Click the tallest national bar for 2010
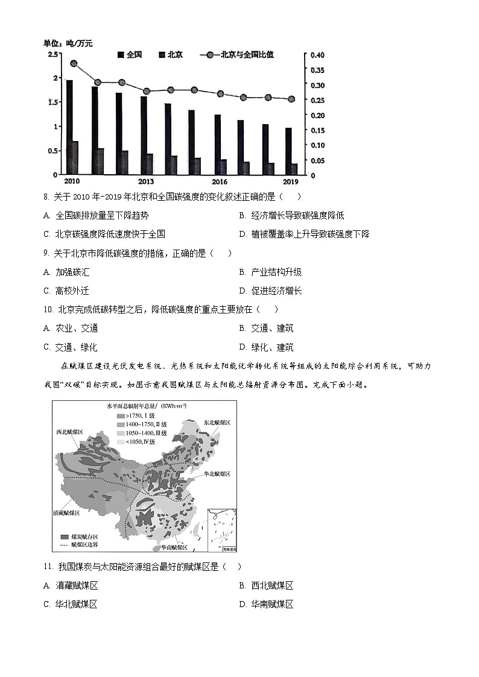69,127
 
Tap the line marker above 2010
74,63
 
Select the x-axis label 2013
146,181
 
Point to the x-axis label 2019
291,181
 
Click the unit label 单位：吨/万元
68,43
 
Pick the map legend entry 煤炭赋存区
84,536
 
